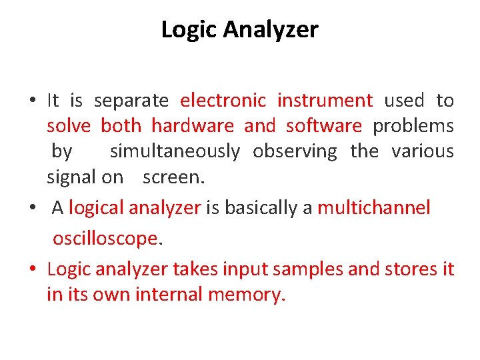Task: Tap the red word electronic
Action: (x=223, y=101)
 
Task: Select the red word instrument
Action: (x=325, y=101)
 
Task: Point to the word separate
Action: (x=131, y=101)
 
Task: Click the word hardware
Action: (x=192, y=126)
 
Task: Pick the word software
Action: (x=323, y=126)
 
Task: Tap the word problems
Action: (x=413, y=126)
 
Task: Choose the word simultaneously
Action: (x=175, y=151)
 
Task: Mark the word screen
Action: (x=173, y=177)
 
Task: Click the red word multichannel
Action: (x=374, y=208)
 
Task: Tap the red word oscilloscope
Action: (x=105, y=238)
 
